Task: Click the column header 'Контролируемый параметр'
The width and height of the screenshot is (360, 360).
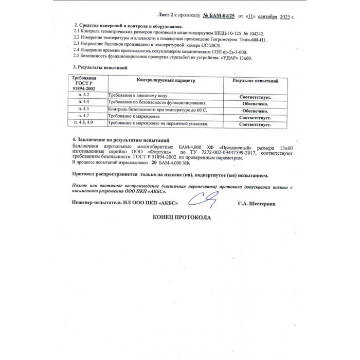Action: [166, 81]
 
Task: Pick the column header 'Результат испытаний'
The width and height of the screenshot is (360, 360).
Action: [256, 81]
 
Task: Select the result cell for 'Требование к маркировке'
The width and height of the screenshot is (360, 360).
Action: [256, 117]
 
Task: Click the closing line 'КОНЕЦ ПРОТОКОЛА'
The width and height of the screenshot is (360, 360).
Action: [182, 218]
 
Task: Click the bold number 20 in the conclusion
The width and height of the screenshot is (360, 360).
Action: [154, 163]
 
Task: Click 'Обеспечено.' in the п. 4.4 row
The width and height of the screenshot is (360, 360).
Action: [256, 103]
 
